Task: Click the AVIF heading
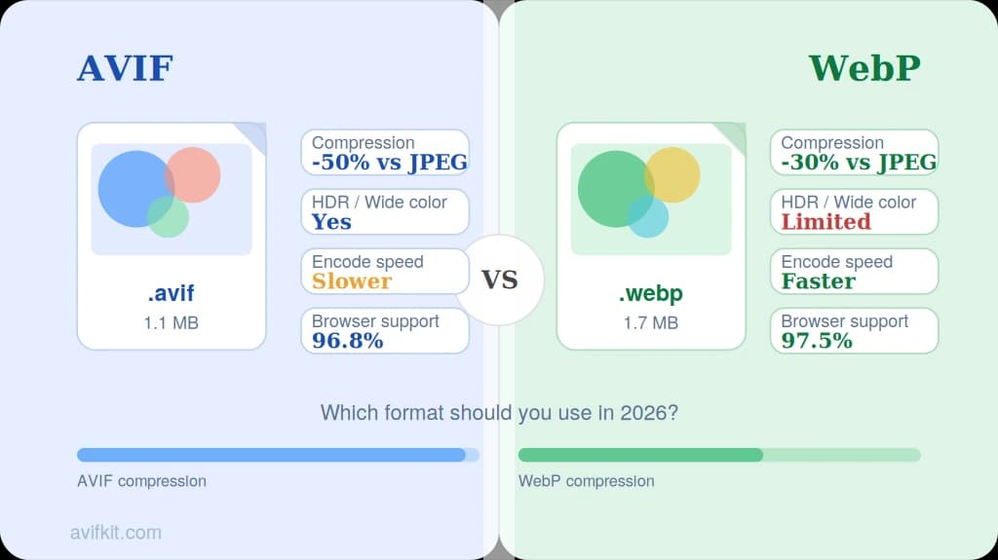coord(125,68)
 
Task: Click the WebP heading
coord(864,68)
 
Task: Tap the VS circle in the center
coord(499,280)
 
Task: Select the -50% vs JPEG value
coord(389,163)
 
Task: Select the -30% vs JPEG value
coord(859,163)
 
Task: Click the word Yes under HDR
coord(331,222)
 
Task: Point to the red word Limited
coord(825,222)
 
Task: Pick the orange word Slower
coord(352,281)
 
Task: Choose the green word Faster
coord(819,281)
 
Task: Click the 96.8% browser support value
coord(348,341)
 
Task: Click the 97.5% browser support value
coord(817,341)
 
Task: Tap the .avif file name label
coord(172,293)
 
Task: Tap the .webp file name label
coord(651,293)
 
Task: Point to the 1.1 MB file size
coord(172,322)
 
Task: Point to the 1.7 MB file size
coord(651,322)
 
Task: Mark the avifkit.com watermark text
coord(116,533)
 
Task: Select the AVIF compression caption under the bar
coord(141,481)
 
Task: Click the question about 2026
coord(499,413)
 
